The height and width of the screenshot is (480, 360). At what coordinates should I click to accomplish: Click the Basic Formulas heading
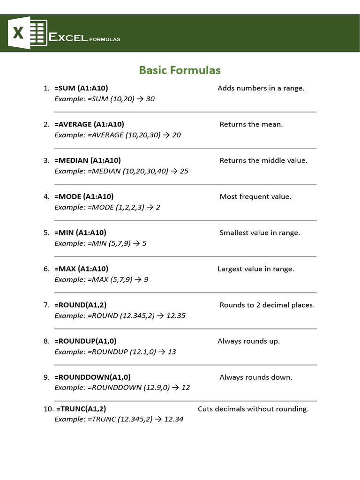[x=180, y=70]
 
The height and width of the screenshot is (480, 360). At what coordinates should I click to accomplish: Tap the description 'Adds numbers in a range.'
[x=261, y=88]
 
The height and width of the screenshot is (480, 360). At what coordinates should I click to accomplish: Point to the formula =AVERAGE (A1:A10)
[x=89, y=124]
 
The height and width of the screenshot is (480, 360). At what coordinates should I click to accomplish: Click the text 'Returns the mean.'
[x=251, y=124]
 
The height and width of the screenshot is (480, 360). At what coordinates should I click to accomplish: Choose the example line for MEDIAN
[x=121, y=171]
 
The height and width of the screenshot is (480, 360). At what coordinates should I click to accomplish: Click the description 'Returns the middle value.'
[x=263, y=160]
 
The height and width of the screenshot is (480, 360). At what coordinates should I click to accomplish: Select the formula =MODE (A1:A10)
[x=84, y=196]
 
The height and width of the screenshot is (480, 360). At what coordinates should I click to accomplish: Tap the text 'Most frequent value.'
[x=255, y=196]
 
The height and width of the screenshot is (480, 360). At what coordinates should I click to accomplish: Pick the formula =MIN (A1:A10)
[x=80, y=232]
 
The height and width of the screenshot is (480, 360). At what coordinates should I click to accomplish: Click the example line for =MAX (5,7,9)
[x=101, y=279]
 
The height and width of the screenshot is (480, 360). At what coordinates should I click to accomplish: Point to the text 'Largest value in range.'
[x=256, y=269]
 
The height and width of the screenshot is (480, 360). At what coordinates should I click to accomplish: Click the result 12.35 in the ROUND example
[x=176, y=315]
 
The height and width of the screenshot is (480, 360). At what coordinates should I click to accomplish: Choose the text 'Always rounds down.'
[x=255, y=377]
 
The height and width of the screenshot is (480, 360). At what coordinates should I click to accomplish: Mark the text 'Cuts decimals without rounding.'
[x=253, y=409]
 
